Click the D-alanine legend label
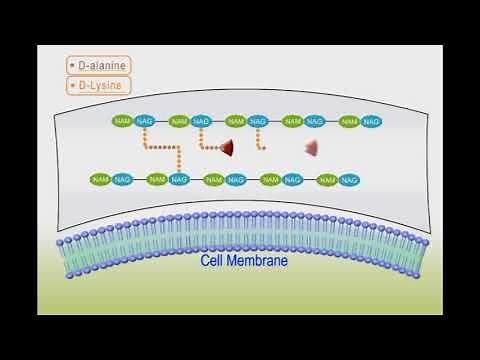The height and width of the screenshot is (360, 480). pos(103,66)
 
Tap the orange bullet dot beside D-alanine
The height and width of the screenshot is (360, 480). pos(72,66)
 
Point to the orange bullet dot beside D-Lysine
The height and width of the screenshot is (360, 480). pos(72,86)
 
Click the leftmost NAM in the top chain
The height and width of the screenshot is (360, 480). pos(122,121)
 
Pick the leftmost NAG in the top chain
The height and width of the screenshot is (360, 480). pos(144,121)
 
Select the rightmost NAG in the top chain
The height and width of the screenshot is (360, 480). pos(371,121)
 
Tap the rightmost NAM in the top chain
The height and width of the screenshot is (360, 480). pos(349,121)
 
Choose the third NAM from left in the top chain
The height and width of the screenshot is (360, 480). pos(236,121)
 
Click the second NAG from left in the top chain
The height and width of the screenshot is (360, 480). pos(201,121)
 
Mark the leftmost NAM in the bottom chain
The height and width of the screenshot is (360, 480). pos(100,179)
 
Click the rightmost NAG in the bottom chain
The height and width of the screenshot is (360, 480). pos(350,179)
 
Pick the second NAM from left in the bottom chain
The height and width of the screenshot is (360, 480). pos(157,179)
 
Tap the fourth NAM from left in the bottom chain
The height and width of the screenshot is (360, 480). pos(271,179)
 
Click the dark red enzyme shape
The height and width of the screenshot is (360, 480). pos(228,148)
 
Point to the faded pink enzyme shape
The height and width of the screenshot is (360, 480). pos(312,148)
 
